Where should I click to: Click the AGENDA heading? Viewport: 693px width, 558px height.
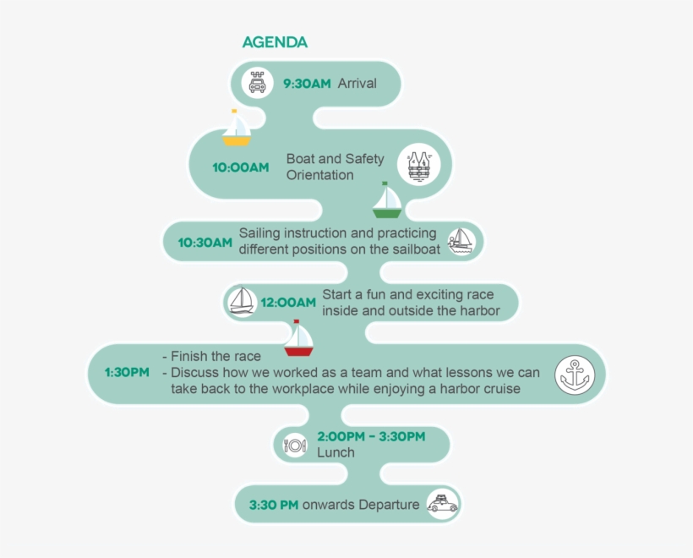(x=275, y=42)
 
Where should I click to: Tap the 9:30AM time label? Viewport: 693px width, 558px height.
(x=307, y=83)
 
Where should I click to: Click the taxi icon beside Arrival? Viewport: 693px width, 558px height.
(x=257, y=83)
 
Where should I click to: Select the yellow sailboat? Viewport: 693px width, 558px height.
(x=237, y=128)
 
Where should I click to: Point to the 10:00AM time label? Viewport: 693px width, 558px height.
(x=240, y=167)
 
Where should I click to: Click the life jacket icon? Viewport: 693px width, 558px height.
(x=418, y=165)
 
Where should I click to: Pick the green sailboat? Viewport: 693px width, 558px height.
(x=387, y=200)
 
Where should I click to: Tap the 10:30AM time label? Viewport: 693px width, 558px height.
(x=205, y=243)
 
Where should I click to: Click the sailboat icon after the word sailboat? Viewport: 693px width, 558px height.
(x=461, y=242)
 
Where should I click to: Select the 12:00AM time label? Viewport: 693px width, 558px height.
(x=288, y=303)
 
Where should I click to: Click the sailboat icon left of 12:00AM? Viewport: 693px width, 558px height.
(x=242, y=302)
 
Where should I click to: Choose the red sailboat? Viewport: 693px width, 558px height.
(x=299, y=338)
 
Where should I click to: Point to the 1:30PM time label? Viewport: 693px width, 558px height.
(x=127, y=372)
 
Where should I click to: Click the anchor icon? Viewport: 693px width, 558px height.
(x=575, y=375)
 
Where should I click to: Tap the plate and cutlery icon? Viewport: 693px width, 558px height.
(x=295, y=445)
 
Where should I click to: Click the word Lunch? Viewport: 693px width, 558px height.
(x=336, y=452)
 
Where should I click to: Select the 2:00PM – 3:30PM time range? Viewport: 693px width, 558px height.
(x=371, y=436)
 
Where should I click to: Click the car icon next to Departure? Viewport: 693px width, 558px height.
(x=442, y=504)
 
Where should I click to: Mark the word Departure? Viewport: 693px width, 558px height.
(x=389, y=505)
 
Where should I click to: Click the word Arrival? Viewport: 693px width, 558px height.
(x=357, y=83)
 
